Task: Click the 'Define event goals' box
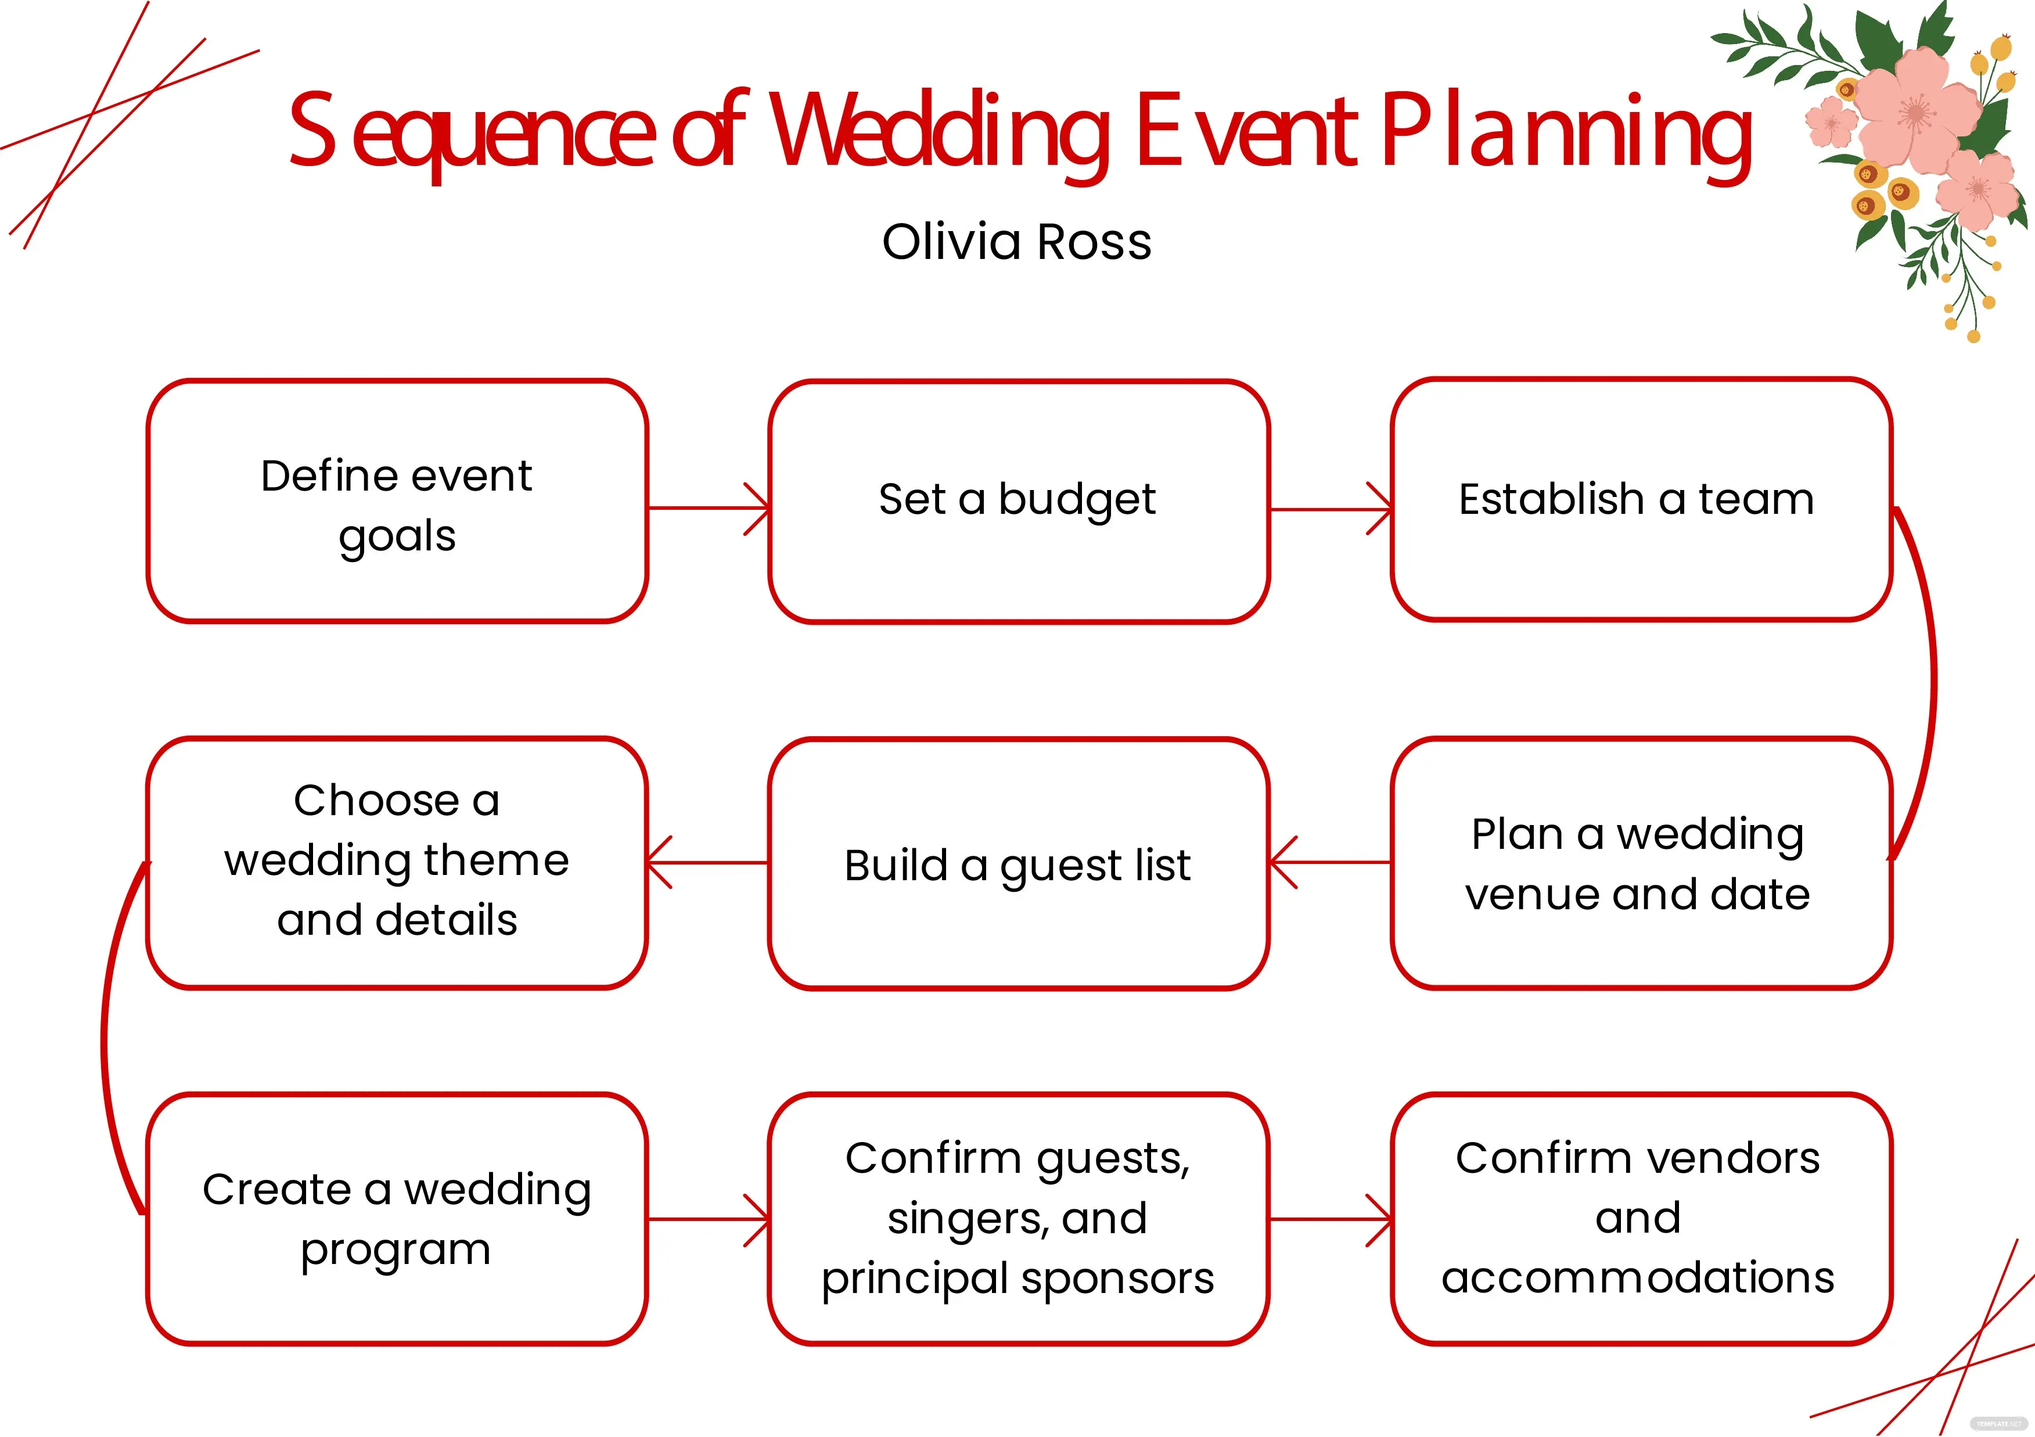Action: click(397, 502)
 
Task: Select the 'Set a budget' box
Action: click(1019, 502)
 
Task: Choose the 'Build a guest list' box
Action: click(1019, 864)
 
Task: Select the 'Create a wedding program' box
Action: click(397, 1219)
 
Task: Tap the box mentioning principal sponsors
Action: click(1019, 1219)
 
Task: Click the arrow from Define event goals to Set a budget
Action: click(709, 509)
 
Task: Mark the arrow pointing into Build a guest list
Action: click(1329, 862)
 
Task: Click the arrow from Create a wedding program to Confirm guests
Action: click(709, 1220)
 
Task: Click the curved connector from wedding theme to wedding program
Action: click(105, 1041)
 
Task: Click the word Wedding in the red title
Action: click(940, 133)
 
